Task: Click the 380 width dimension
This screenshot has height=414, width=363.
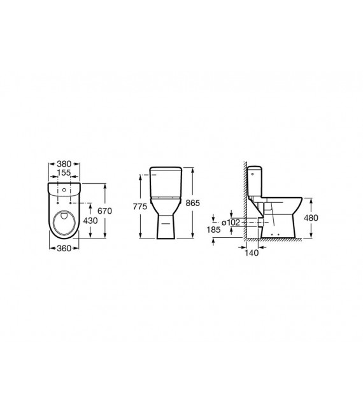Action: click(64, 162)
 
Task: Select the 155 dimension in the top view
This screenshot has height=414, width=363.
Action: click(64, 172)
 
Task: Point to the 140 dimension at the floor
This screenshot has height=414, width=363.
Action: click(253, 252)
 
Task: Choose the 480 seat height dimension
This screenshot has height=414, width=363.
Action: click(312, 217)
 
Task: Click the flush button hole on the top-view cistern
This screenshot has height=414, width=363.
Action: click(64, 189)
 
